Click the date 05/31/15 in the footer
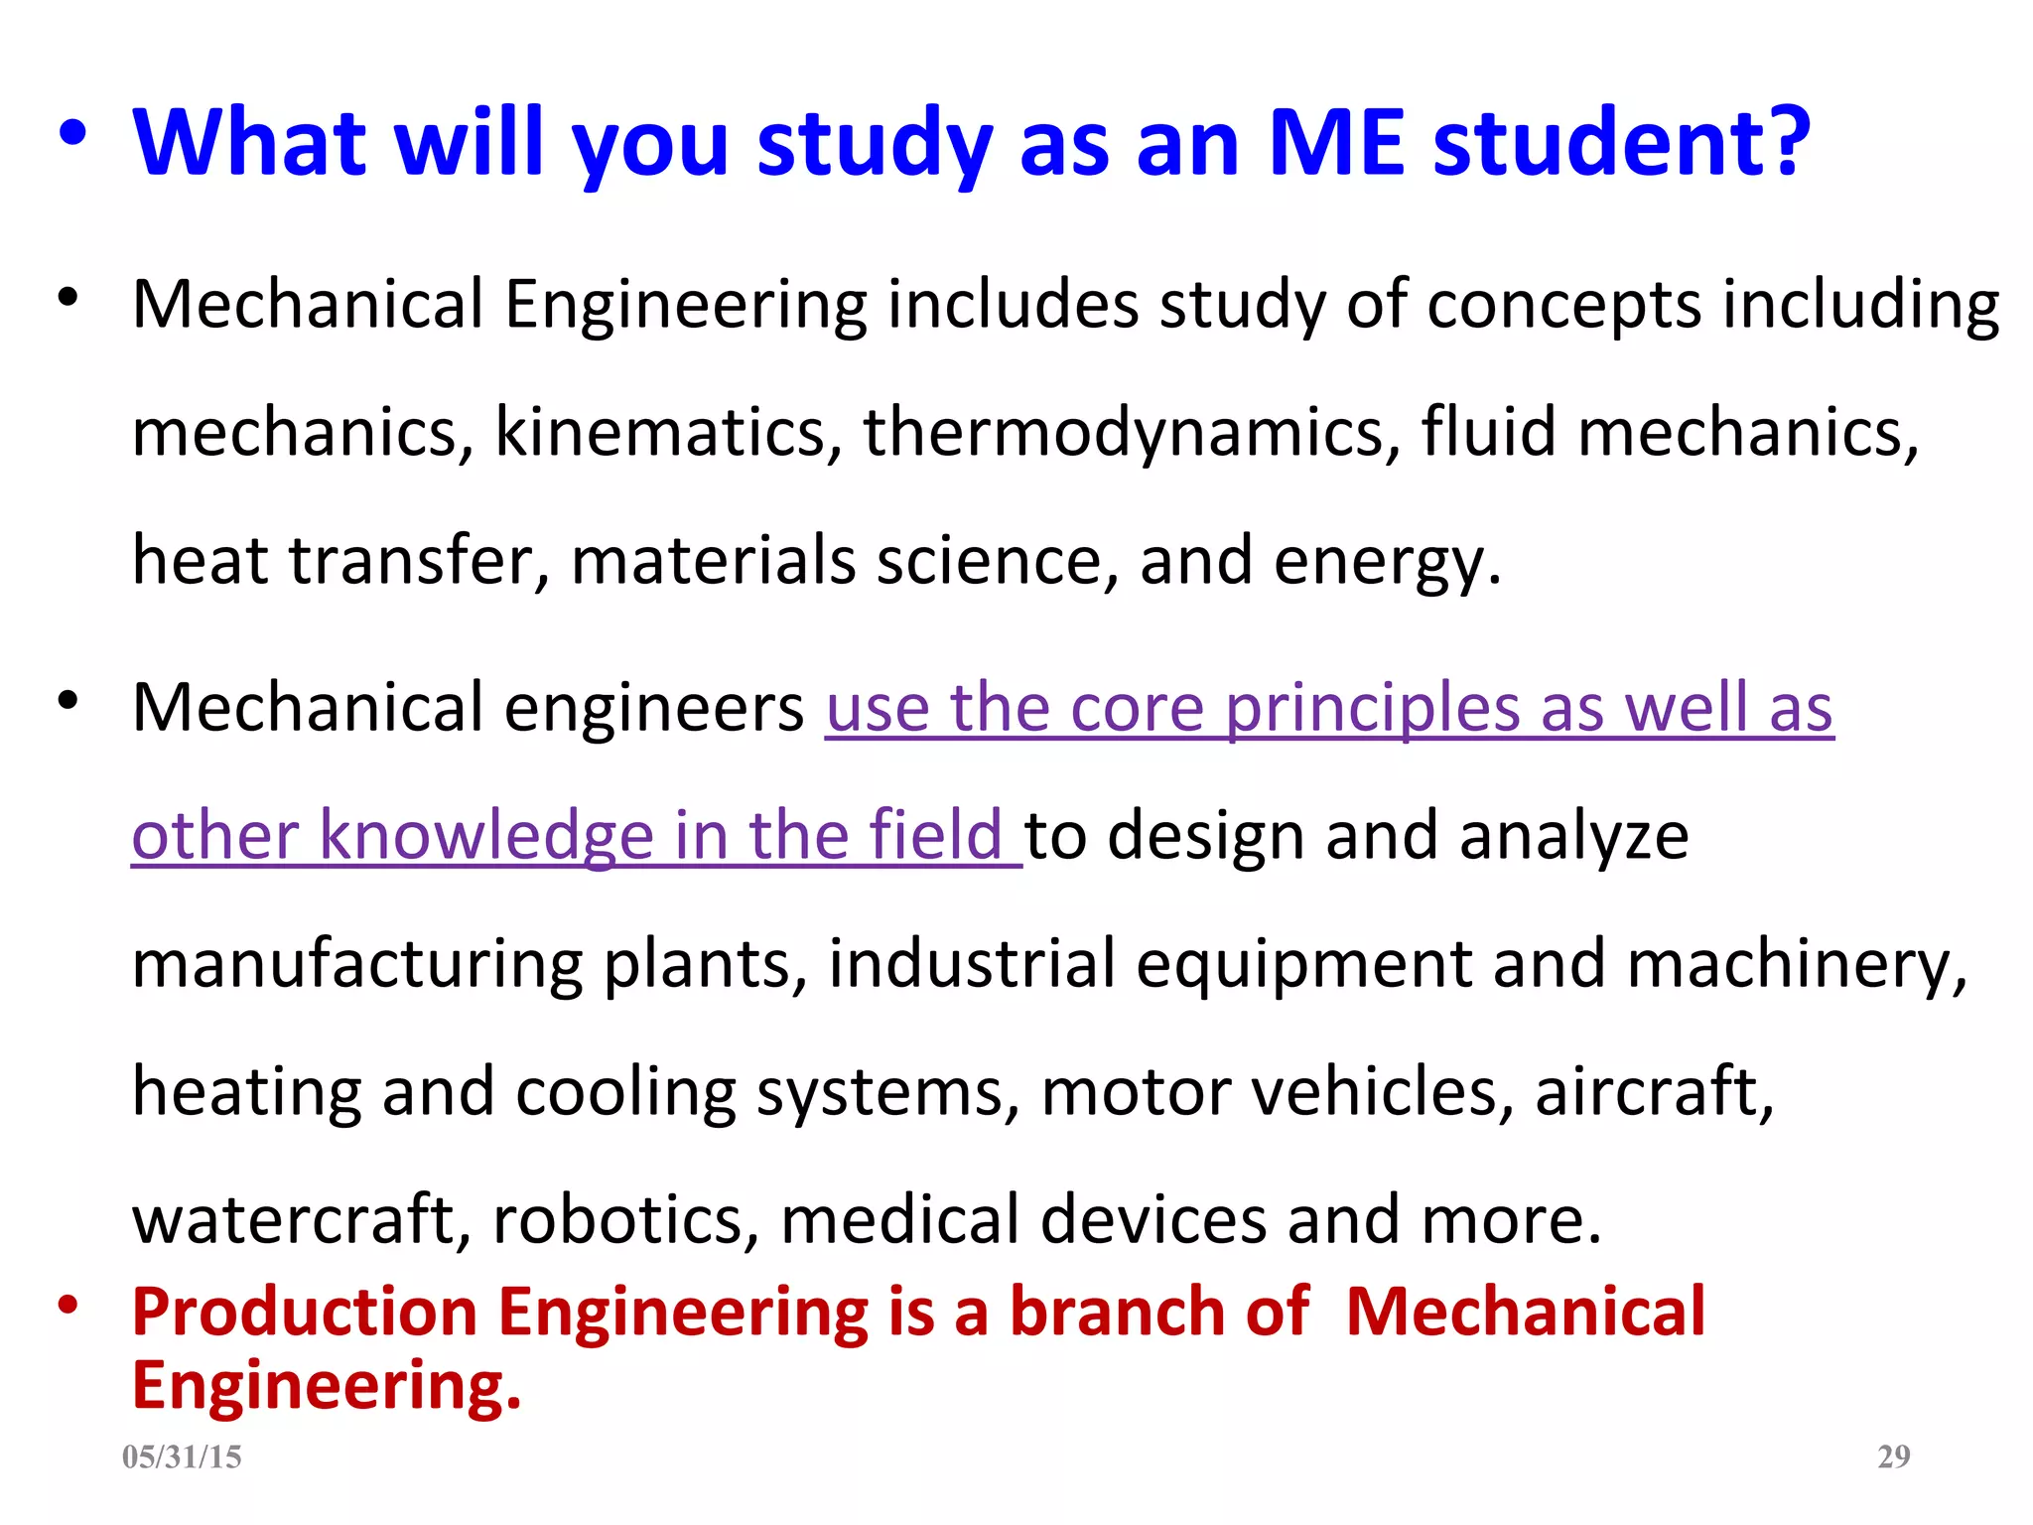click(182, 1456)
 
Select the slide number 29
click(1894, 1456)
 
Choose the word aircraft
click(1654, 1091)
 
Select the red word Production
click(304, 1313)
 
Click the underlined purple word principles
click(1372, 710)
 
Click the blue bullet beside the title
click(71, 134)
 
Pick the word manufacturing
click(356, 965)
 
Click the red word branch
click(1117, 1313)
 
